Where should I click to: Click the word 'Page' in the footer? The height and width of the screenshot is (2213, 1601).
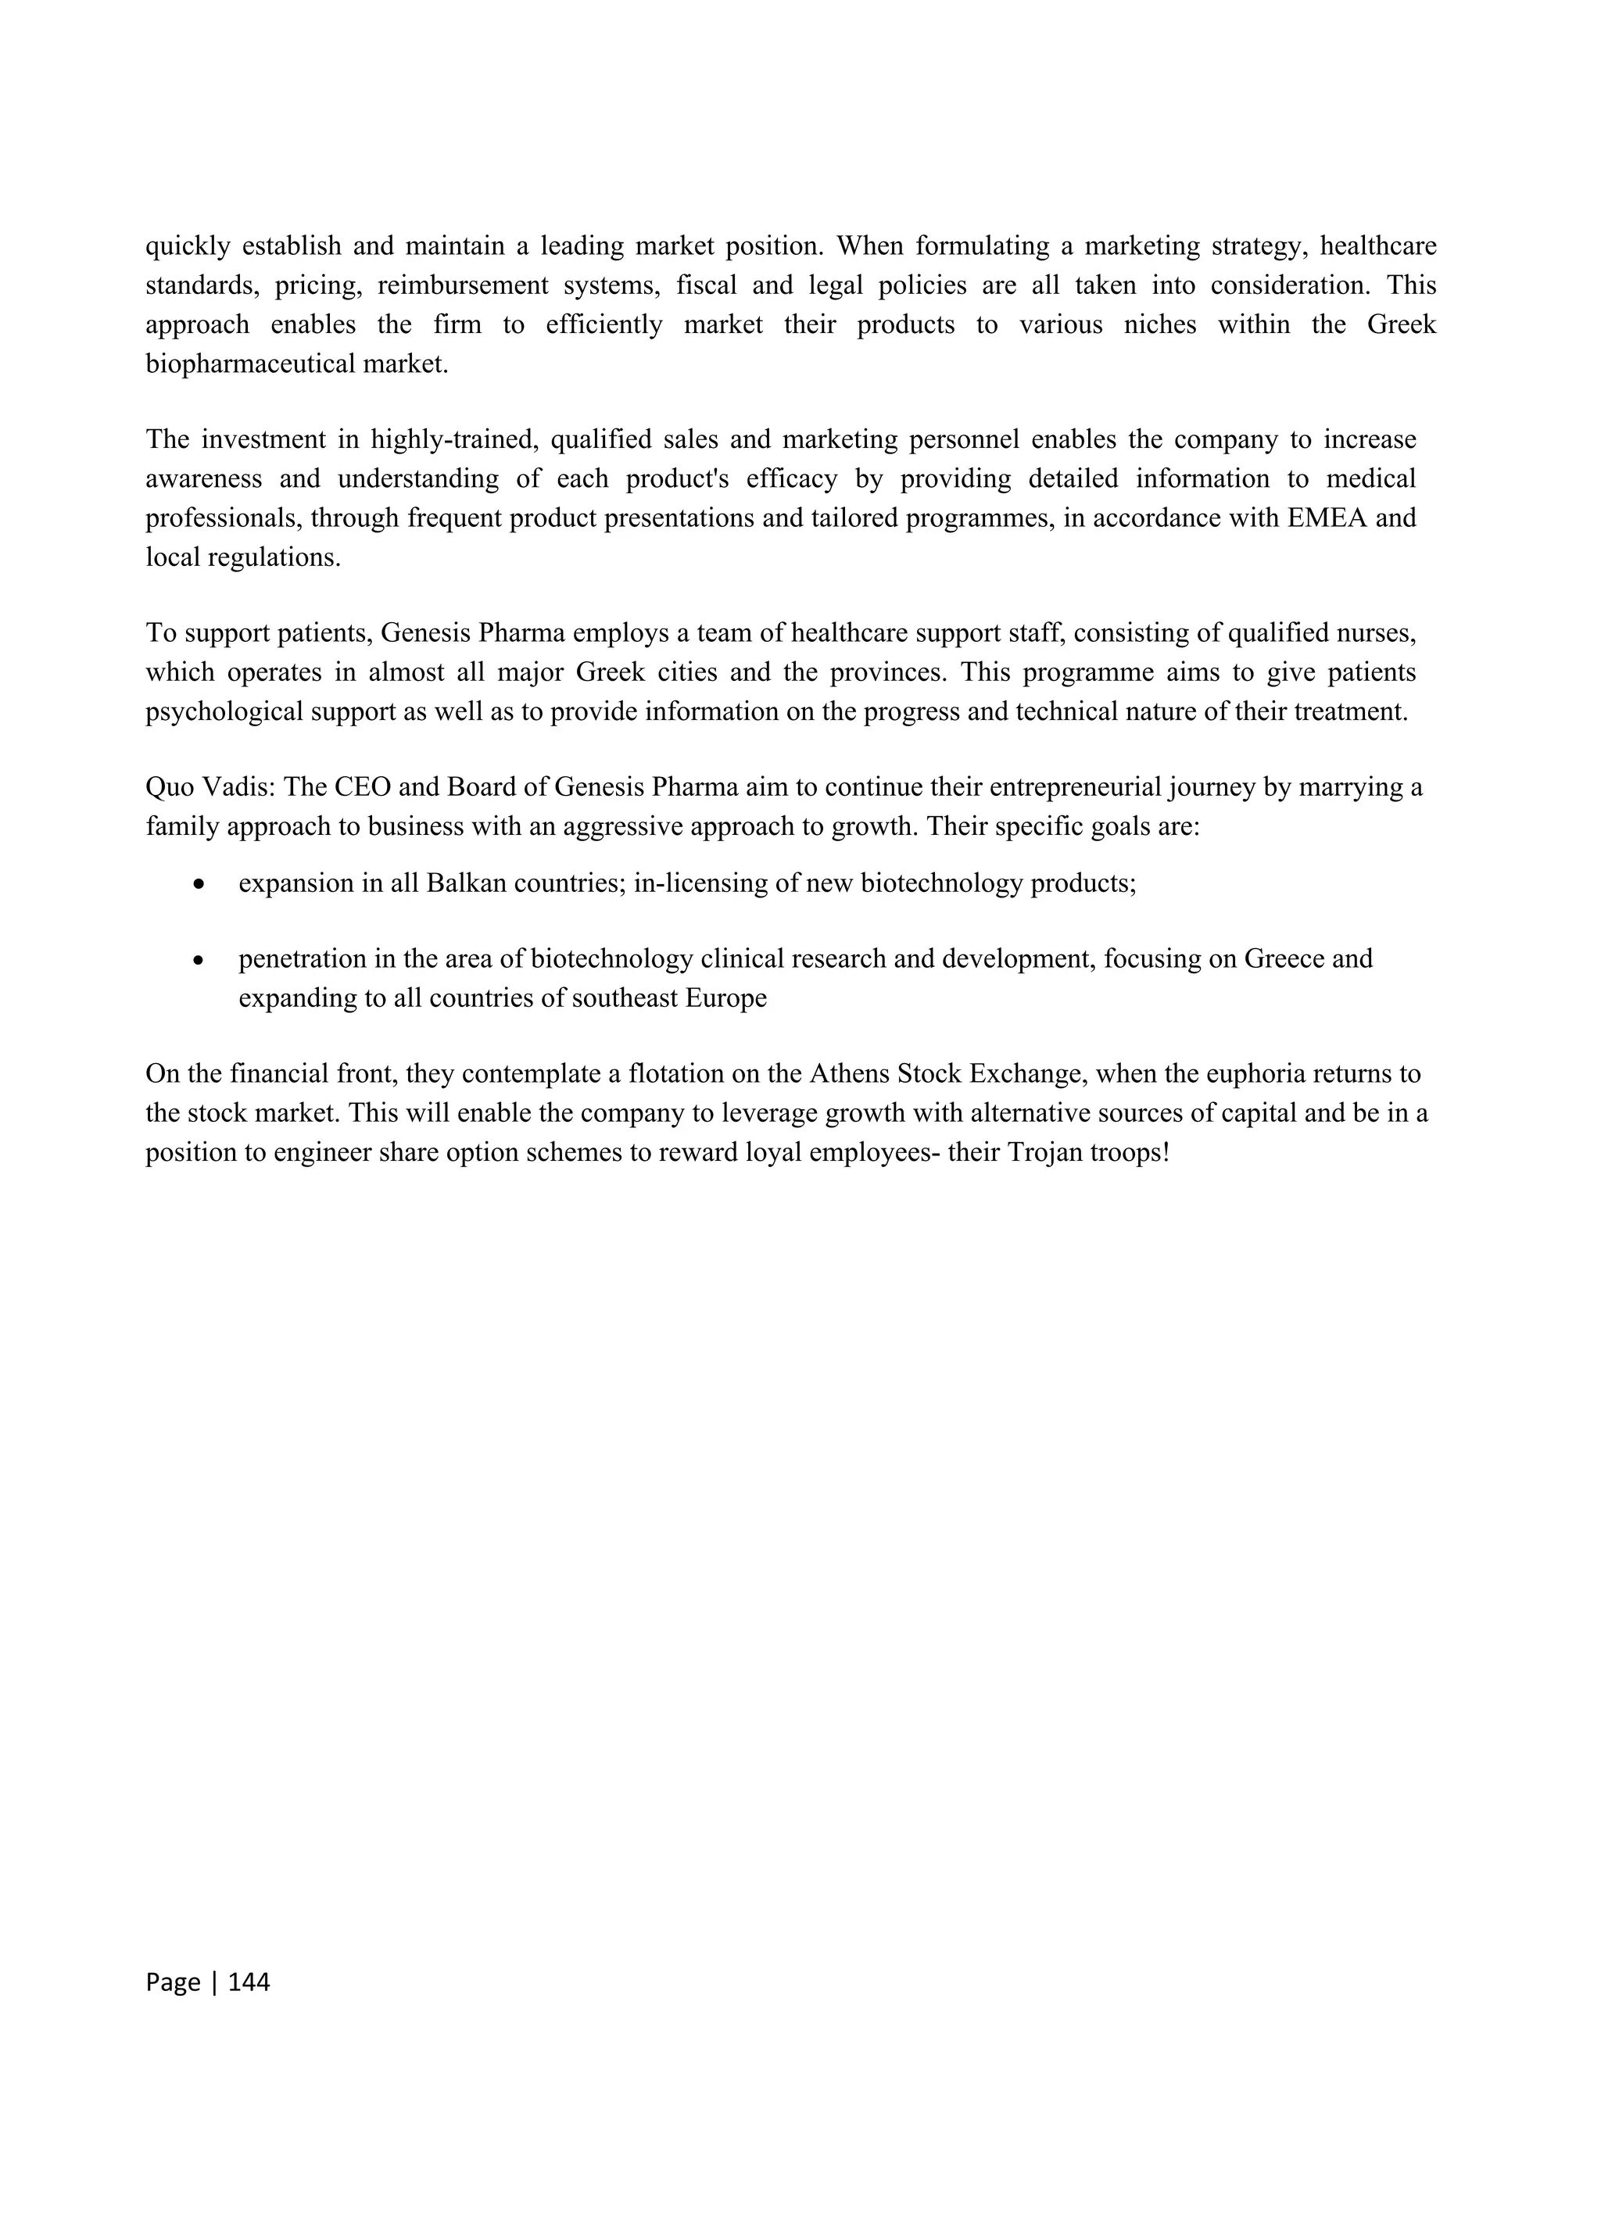(x=173, y=1982)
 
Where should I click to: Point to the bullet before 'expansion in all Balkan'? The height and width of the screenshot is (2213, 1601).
(x=199, y=884)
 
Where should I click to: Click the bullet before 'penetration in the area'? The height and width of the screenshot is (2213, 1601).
(x=199, y=960)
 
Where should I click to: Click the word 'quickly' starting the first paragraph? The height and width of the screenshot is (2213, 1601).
(x=188, y=246)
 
